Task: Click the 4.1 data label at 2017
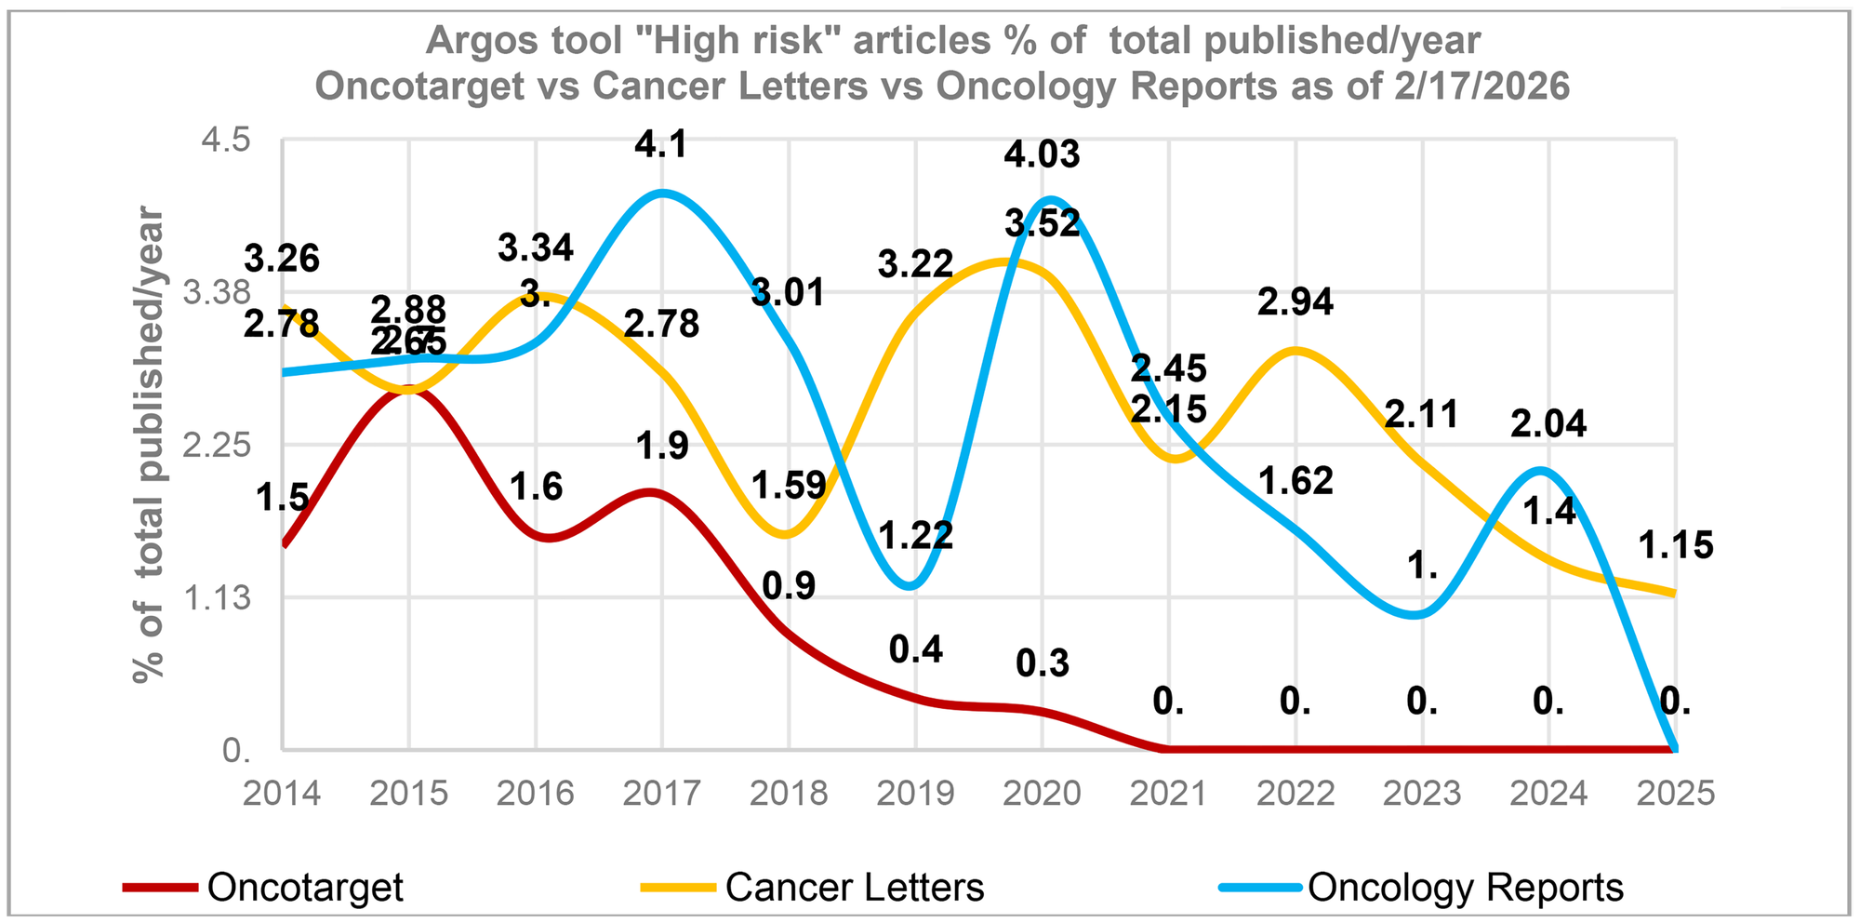coord(661,146)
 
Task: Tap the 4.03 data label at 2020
coord(1042,154)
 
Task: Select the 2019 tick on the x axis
coord(915,794)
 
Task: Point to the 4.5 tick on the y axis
coord(227,140)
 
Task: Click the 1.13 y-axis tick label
coord(218,598)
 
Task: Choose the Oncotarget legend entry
coord(304,887)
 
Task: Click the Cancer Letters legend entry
coord(854,887)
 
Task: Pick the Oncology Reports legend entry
coord(1465,887)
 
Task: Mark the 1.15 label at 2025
coord(1675,546)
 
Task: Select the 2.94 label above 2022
coord(1295,302)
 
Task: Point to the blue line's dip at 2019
coord(911,586)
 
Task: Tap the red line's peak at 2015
coord(409,391)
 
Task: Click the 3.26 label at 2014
coord(282,259)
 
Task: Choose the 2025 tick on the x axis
coord(1675,794)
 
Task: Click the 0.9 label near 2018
coord(789,586)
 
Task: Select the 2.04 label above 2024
coord(1548,424)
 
